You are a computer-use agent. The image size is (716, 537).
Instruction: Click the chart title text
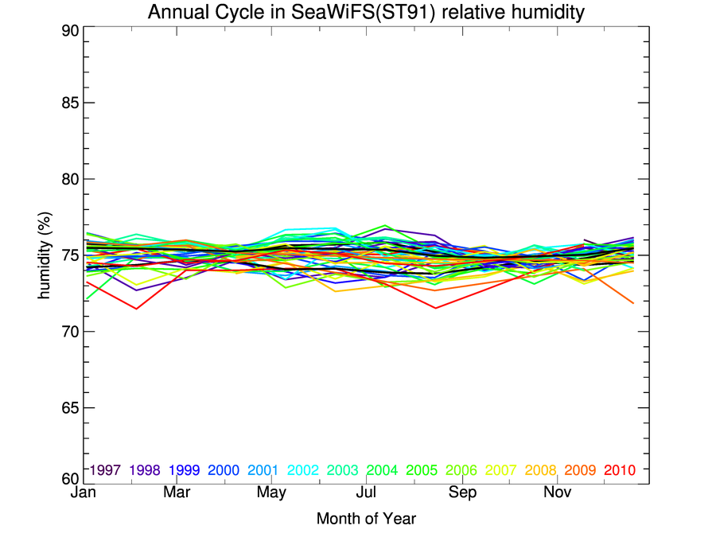pos(365,12)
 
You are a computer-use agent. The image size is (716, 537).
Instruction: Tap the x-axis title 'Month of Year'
pos(366,519)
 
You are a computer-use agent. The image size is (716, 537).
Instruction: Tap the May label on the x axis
pos(271,493)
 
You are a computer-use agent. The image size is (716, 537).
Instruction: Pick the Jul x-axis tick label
pos(366,493)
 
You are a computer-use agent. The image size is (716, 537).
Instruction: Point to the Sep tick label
pos(462,493)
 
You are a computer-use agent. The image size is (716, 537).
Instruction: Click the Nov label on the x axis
pos(557,493)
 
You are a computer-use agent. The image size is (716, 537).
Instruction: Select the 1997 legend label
pos(106,470)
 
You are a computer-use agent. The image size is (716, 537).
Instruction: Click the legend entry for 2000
pos(224,470)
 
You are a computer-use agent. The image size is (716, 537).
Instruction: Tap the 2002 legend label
pos(302,470)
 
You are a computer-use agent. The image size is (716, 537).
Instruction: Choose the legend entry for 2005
pos(421,470)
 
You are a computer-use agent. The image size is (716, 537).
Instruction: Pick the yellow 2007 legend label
pos(500,470)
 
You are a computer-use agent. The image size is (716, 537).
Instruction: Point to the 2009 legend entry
pos(580,470)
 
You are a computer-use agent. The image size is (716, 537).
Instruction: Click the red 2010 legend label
pos(619,470)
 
